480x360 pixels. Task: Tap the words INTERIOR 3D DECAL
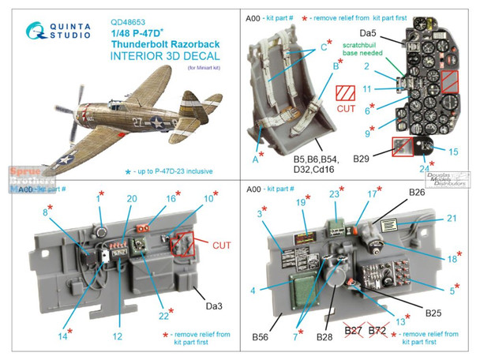[x=163, y=54]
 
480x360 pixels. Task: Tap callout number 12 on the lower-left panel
[x=117, y=336]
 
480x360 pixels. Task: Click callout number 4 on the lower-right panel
[x=253, y=291]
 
